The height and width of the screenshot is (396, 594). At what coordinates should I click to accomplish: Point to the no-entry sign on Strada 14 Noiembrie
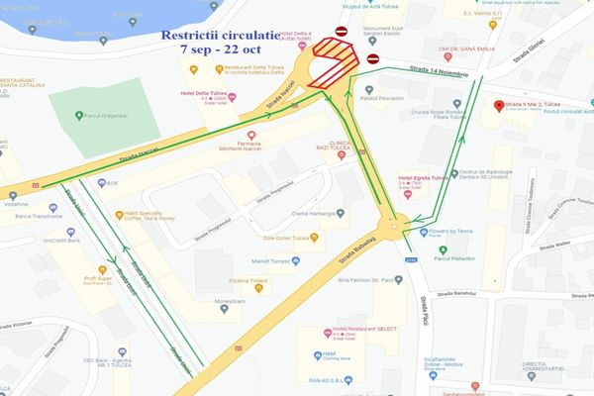372,58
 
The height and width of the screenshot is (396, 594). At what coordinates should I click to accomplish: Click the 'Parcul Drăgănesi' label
108,116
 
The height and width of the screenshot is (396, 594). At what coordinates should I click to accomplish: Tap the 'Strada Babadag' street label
354,243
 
